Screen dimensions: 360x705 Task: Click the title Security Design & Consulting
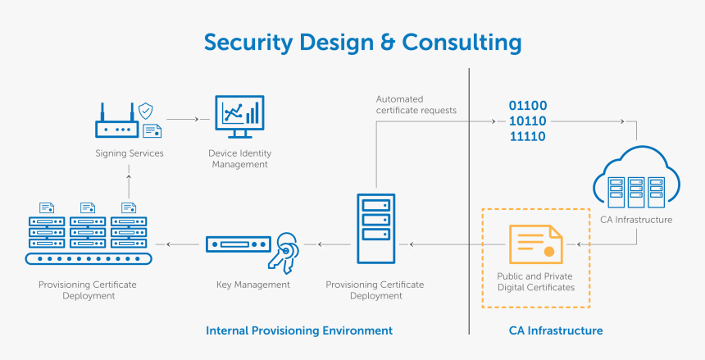point(362,42)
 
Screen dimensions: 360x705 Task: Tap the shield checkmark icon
point(145,111)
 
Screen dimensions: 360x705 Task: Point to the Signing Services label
point(129,153)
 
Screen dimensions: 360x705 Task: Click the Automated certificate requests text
point(416,105)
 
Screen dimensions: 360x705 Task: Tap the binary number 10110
point(528,121)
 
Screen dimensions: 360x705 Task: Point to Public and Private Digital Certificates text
point(535,282)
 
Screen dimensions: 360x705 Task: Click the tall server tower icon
point(375,228)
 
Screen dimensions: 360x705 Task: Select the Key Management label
point(252,285)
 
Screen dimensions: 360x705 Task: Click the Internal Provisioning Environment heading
point(298,330)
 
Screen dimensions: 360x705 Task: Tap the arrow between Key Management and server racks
point(181,244)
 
